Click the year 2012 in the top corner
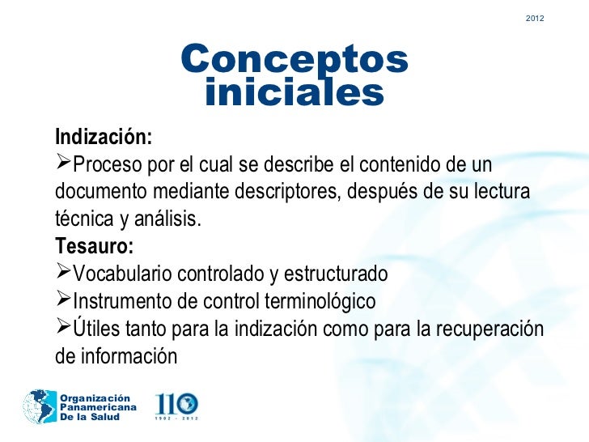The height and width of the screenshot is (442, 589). click(534, 18)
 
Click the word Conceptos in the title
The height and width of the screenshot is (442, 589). click(294, 59)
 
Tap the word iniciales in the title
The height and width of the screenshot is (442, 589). click(294, 92)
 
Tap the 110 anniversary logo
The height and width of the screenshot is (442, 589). click(176, 404)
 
